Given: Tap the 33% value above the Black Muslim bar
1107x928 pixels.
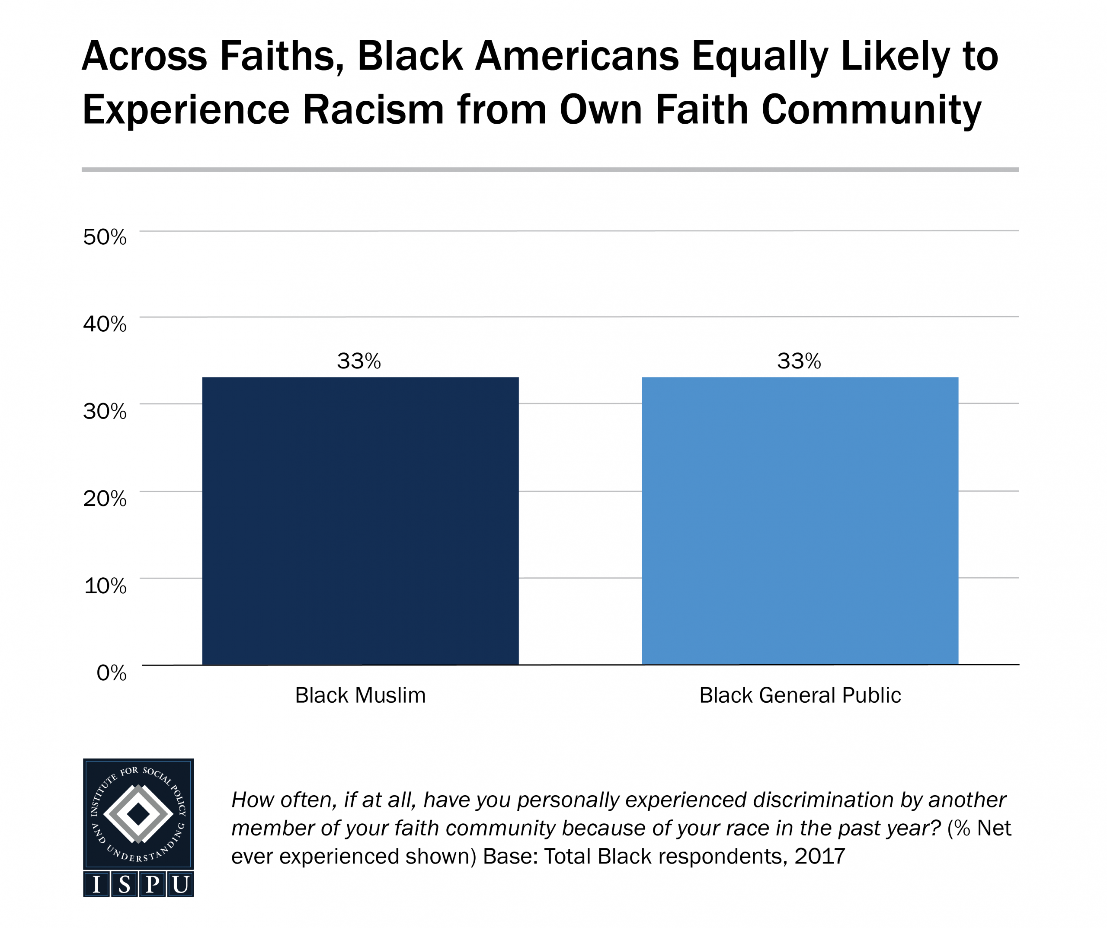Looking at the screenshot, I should coord(358,361).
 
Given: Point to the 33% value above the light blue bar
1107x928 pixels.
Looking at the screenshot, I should coord(799,361).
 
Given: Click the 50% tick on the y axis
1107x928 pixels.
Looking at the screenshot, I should coord(105,237).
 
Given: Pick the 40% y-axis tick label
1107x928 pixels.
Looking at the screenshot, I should coord(105,324).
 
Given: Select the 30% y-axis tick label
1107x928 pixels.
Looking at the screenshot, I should coord(105,411).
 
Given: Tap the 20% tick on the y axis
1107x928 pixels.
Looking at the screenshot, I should coord(105,498).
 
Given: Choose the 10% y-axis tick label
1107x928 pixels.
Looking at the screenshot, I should coord(106,585).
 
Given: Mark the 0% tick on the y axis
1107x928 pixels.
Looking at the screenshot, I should coord(111,673).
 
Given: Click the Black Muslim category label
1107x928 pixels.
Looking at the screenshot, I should coord(360,695).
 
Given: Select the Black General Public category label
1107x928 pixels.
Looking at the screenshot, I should coord(800,695).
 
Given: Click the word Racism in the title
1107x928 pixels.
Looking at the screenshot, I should coord(373,110).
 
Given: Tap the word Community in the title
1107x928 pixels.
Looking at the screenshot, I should coord(871,110).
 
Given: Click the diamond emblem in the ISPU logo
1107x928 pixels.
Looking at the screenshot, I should coord(138,814).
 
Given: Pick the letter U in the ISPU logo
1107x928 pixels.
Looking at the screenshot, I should coord(180,884).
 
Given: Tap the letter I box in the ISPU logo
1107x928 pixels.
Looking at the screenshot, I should coord(96,884).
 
